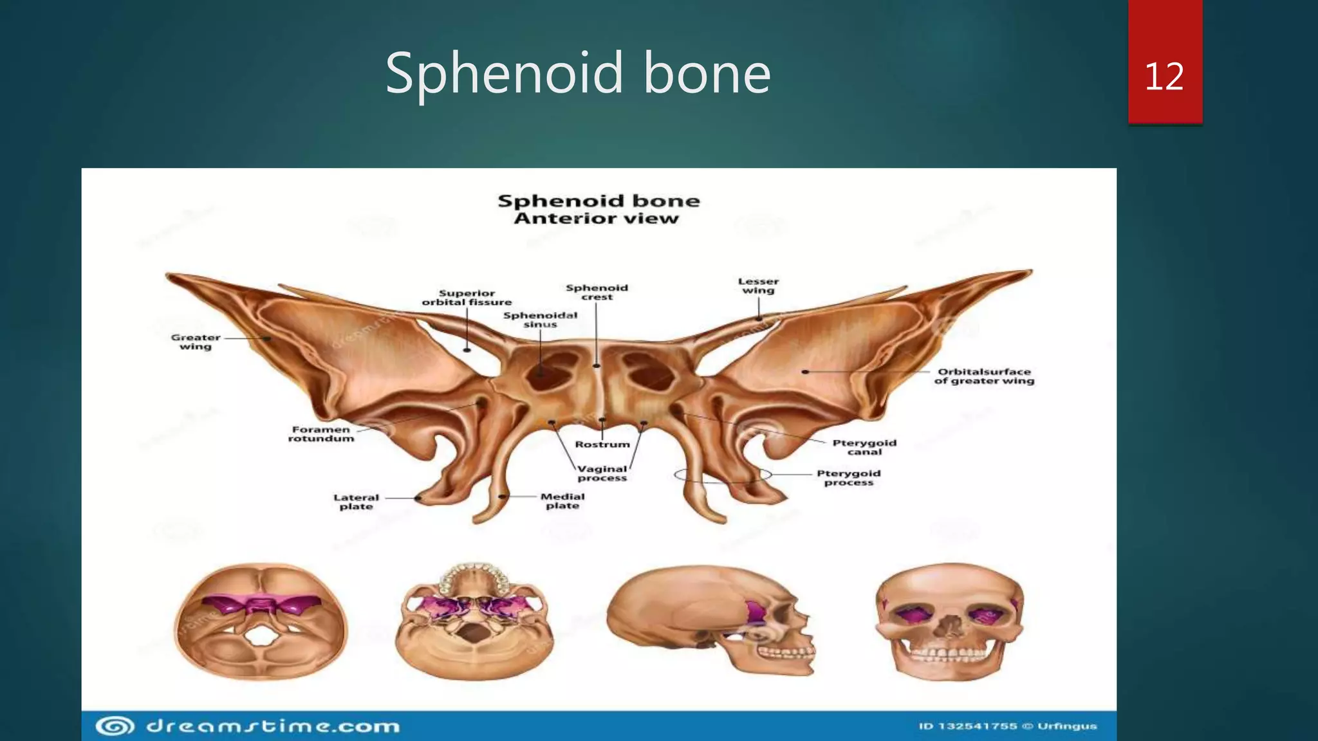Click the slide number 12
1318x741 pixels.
point(1164,76)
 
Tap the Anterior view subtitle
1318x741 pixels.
point(596,219)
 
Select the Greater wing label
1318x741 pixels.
point(196,342)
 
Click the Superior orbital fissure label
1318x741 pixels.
point(467,297)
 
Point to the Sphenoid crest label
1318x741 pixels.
point(597,292)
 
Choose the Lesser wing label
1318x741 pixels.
point(758,286)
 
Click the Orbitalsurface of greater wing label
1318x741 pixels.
point(984,376)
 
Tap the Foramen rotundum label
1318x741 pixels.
point(320,434)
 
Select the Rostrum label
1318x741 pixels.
point(602,444)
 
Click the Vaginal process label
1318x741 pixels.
point(602,473)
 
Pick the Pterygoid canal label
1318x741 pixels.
point(864,447)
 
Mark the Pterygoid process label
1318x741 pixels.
point(848,477)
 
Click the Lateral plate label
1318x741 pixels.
point(356,502)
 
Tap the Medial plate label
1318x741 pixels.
point(562,501)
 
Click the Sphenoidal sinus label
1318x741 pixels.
point(540,320)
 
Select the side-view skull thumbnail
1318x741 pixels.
point(710,619)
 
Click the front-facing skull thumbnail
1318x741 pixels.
point(949,621)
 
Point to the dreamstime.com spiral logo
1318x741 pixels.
point(115,726)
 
